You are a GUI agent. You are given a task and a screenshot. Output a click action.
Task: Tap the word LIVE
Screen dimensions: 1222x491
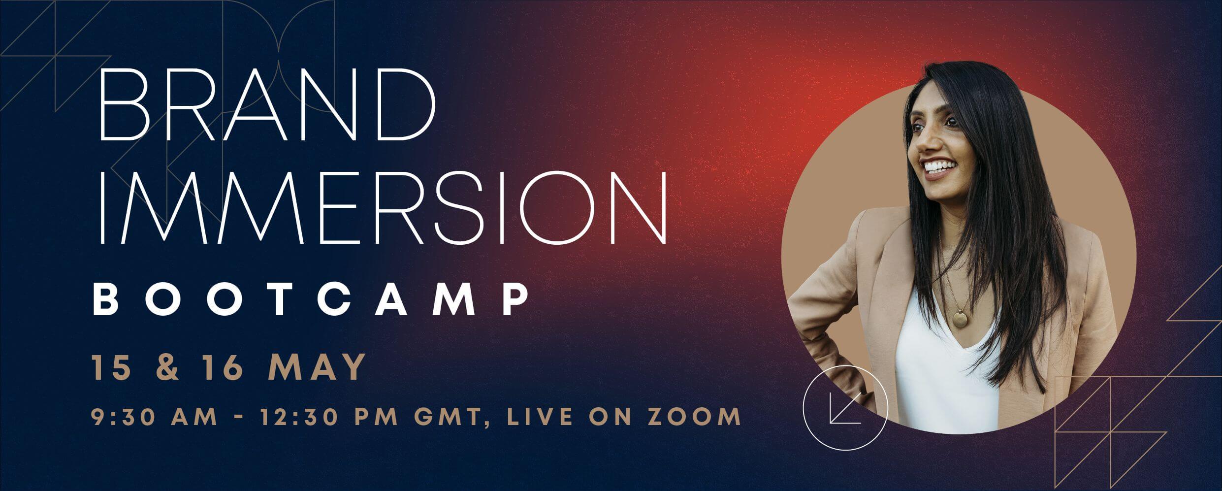[x=533, y=416]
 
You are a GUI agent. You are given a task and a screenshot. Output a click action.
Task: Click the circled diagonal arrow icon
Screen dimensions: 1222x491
[x=844, y=408]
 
